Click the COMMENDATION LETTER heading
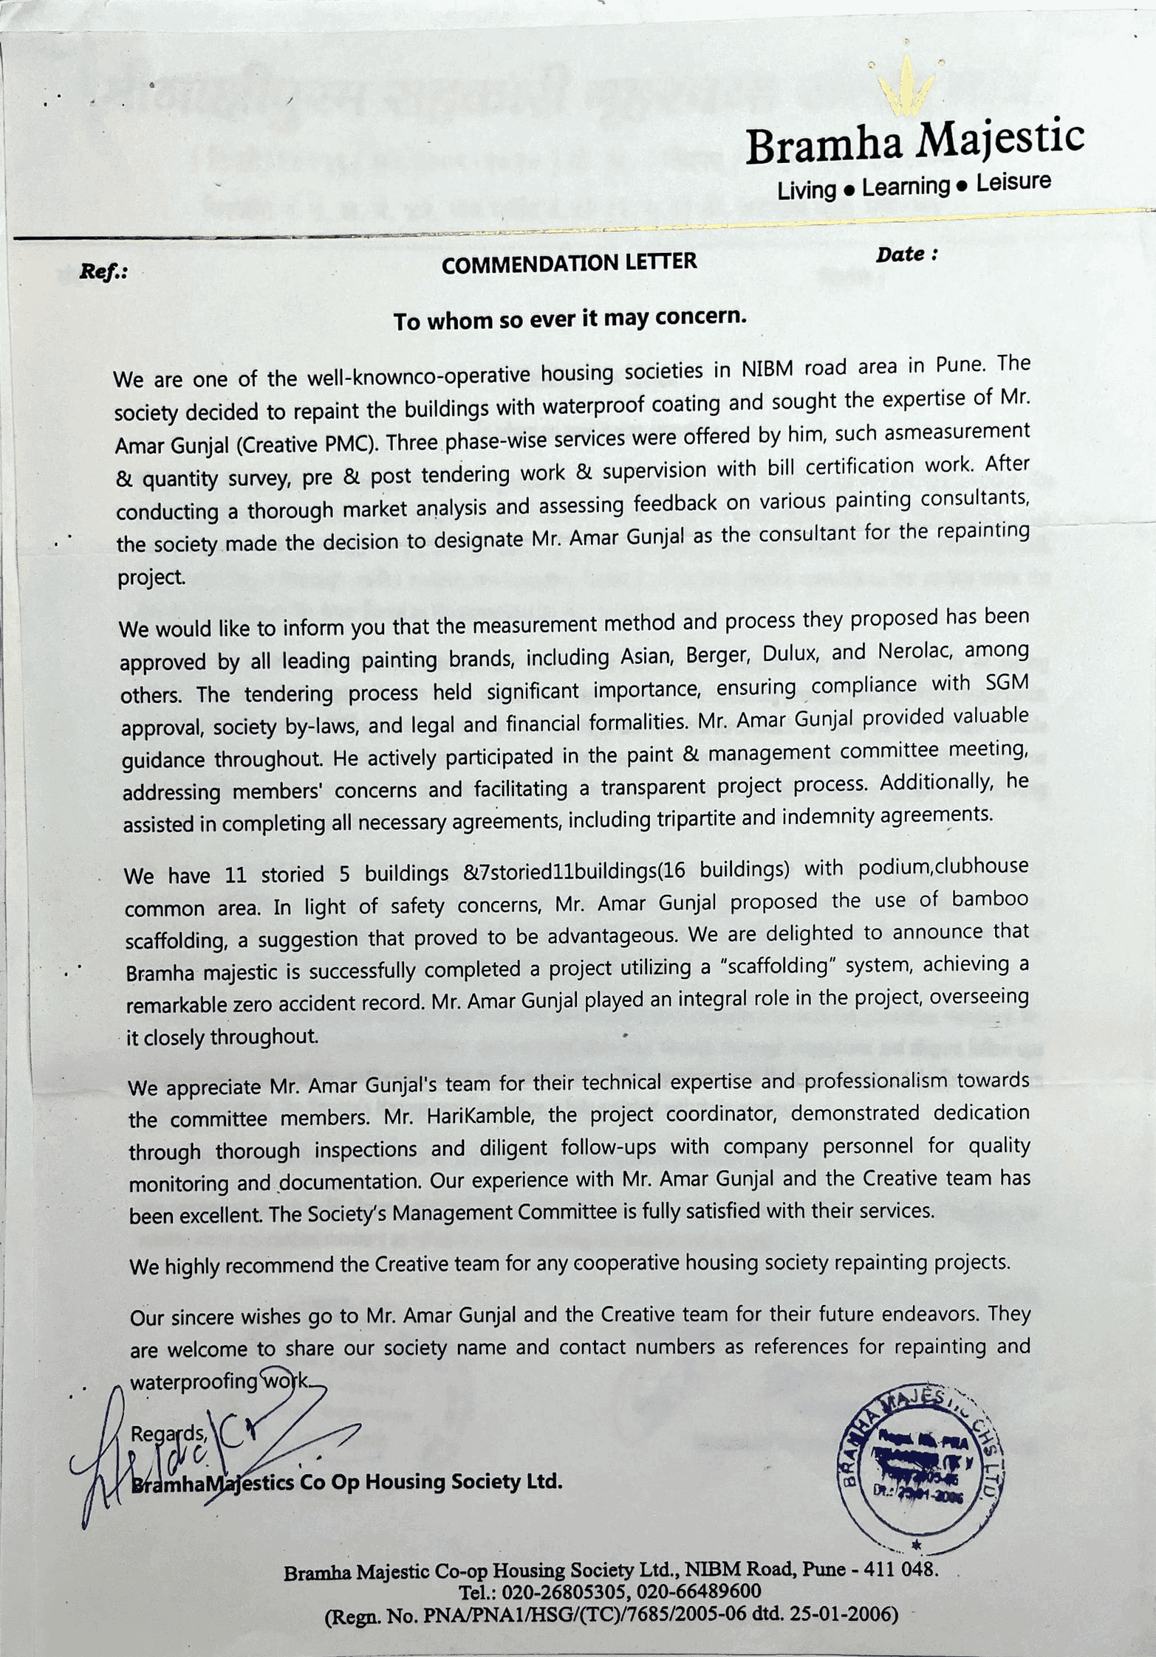tap(569, 263)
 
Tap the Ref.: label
tap(103, 272)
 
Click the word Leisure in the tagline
tap(1013, 183)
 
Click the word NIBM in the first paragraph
tap(768, 369)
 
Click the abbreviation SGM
tap(1006, 682)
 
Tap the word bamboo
tap(989, 899)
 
